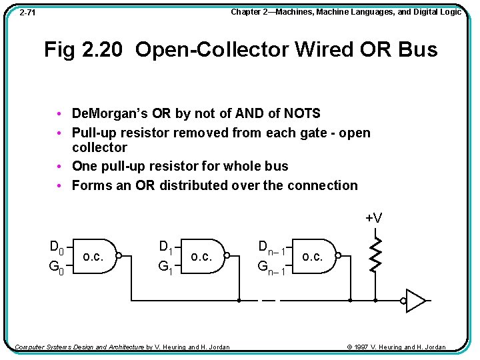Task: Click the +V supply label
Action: (x=373, y=218)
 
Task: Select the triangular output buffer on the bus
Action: (x=415, y=301)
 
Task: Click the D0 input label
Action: (x=57, y=247)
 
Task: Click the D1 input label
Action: (x=166, y=247)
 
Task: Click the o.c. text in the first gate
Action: (x=93, y=257)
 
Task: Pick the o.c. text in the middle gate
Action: (x=201, y=257)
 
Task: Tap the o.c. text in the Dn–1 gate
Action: (x=313, y=257)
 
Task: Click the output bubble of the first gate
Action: (x=118, y=255)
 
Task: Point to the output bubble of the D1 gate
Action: (x=227, y=255)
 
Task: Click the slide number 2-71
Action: (x=27, y=13)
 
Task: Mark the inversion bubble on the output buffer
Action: (x=403, y=301)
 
